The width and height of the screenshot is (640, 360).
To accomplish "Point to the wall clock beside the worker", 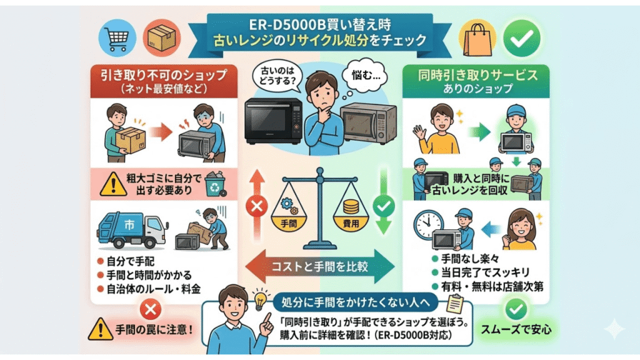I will tap(429, 223).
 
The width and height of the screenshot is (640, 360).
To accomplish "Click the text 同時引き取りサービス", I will tap(477, 75).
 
